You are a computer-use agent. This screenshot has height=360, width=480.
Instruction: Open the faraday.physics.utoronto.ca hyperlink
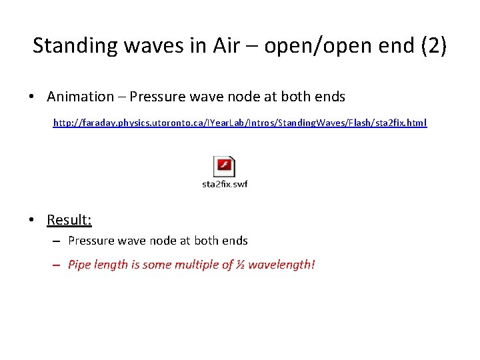(240, 123)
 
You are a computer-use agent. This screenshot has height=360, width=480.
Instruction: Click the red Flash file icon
(224, 167)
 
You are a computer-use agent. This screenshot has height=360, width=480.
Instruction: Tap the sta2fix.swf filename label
(225, 184)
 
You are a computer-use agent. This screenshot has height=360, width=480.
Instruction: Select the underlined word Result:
(69, 219)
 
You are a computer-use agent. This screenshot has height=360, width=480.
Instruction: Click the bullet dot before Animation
(32, 97)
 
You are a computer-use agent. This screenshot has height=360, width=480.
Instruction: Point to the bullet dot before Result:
(32, 220)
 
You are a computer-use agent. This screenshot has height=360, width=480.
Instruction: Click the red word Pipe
(79, 265)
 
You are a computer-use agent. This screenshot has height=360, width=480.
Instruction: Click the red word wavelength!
(281, 265)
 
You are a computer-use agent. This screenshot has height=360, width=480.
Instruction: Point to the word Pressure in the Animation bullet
(155, 97)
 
